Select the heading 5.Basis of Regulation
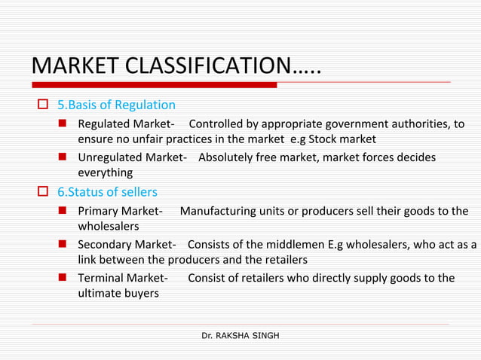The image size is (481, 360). click(x=117, y=105)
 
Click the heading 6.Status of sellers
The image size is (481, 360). click(x=108, y=191)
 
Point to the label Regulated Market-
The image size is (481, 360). click(x=127, y=124)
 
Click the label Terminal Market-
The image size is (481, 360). click(x=123, y=278)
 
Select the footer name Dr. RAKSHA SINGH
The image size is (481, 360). click(x=240, y=334)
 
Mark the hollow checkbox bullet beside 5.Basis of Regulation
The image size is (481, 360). click(x=43, y=105)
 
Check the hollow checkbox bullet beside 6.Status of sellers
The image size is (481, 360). click(x=43, y=191)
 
